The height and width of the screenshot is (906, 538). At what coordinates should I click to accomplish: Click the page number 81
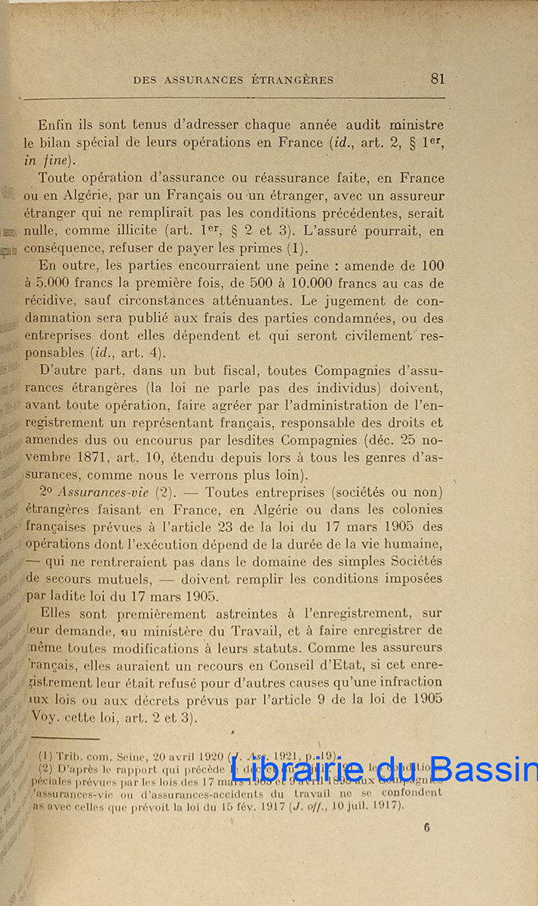438,78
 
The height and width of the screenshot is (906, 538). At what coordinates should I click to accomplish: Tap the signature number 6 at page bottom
427,827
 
